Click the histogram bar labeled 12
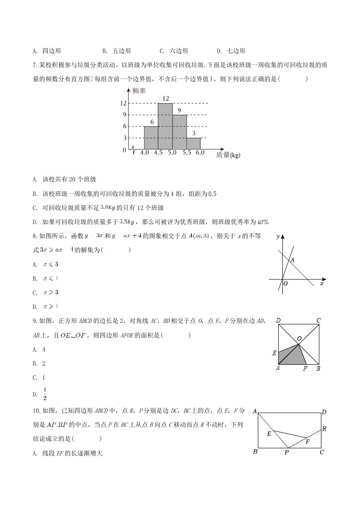(x=165, y=126)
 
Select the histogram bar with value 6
(x=151, y=137)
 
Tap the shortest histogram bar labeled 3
(x=193, y=143)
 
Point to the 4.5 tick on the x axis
(x=158, y=153)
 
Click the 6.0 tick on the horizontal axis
(x=200, y=153)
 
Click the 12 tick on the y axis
(x=123, y=103)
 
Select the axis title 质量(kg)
(x=228, y=155)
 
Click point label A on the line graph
(x=293, y=260)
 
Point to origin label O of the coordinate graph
(x=286, y=284)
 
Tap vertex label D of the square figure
(x=278, y=321)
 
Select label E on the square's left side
(x=274, y=352)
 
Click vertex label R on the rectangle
(x=324, y=429)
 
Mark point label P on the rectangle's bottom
(x=286, y=452)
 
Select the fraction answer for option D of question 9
(x=45, y=394)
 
